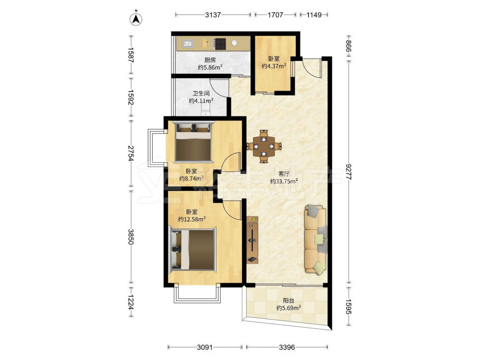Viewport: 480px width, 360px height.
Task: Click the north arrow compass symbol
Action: point(136,18)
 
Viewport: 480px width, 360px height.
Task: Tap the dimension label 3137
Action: point(213,15)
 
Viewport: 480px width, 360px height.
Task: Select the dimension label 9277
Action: point(348,172)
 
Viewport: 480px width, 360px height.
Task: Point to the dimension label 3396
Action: point(287,347)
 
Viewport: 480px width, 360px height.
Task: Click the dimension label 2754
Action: point(131,153)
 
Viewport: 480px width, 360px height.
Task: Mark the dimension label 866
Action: point(348,46)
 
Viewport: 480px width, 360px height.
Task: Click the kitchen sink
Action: point(188,44)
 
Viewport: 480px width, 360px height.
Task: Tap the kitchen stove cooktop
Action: point(220,44)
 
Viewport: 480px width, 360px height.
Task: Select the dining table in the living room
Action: point(264,146)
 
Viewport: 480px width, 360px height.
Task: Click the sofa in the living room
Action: point(316,239)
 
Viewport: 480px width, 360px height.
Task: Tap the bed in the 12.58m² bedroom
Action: point(192,250)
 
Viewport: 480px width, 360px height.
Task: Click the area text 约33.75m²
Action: point(284,181)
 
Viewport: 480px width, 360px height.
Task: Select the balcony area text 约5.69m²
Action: point(288,308)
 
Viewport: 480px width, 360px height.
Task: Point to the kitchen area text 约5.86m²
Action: point(210,67)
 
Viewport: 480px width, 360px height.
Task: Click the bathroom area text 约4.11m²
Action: point(201,100)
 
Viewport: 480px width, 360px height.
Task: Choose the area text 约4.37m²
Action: point(274,65)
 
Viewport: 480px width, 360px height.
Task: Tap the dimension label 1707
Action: point(276,15)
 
